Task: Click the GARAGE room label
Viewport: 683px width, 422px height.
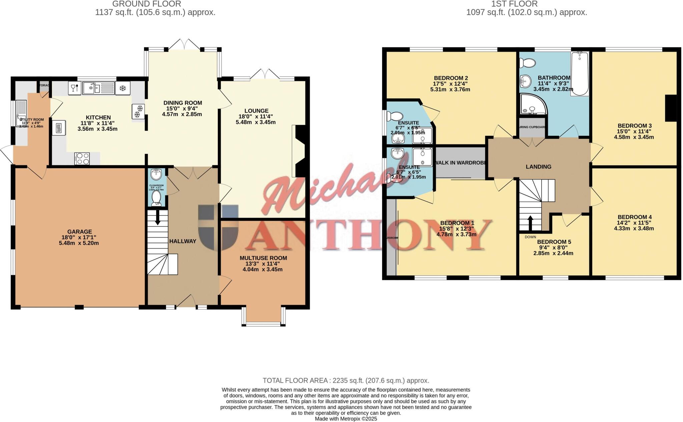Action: coord(79,232)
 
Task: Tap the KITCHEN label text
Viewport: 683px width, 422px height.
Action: coord(98,117)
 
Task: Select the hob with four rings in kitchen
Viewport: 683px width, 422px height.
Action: coord(82,158)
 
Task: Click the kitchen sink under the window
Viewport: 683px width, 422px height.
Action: coord(91,88)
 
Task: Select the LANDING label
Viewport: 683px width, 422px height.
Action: coord(538,167)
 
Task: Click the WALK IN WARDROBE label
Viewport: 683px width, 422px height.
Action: coord(460,163)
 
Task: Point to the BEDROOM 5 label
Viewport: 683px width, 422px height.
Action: coord(554,242)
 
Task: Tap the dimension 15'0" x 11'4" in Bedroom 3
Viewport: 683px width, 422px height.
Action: coord(634,131)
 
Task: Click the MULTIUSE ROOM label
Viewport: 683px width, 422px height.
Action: coord(263,258)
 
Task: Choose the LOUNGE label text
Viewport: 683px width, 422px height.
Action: coord(256,111)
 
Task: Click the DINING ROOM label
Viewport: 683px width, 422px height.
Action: coord(182,103)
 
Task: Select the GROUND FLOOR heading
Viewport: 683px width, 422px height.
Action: coord(146,4)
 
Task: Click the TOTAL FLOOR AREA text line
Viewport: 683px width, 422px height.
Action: coord(346,381)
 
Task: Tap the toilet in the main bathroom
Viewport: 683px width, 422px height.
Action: coord(528,62)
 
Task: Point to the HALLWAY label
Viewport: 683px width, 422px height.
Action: coord(182,241)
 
